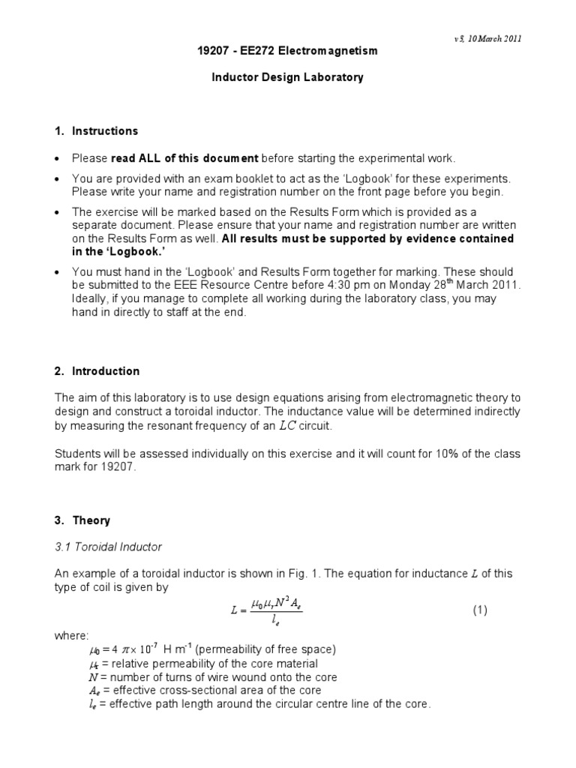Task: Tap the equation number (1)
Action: [x=480, y=610]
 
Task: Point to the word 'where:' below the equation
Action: [x=70, y=636]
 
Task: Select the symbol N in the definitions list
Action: [x=83, y=677]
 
